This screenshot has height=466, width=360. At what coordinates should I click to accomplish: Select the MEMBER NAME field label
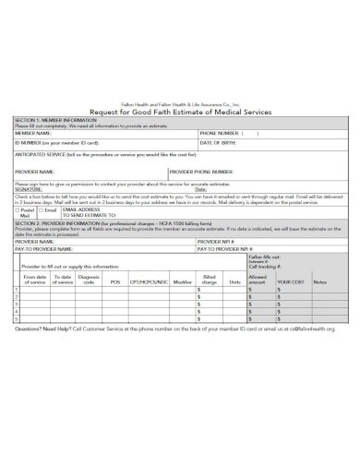click(x=34, y=133)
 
